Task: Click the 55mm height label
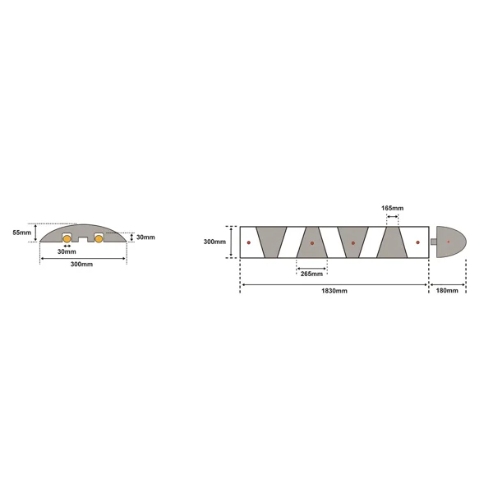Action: tap(22, 233)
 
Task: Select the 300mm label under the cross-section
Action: tap(81, 265)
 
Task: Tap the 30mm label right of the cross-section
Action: tap(145, 237)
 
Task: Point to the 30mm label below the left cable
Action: tap(67, 251)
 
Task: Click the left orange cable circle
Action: tap(67, 240)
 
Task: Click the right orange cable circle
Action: tap(98, 240)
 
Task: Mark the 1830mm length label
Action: tap(334, 291)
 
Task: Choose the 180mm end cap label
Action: tap(446, 291)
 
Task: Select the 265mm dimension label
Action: tap(312, 274)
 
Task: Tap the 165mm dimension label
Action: tap(392, 209)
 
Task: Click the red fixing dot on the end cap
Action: tap(449, 242)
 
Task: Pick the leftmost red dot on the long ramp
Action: tap(248, 242)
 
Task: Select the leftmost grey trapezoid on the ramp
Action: tap(272, 242)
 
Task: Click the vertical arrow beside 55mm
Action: tap(36, 233)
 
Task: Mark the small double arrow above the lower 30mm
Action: tap(67, 246)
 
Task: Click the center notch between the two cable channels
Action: tap(82, 242)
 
